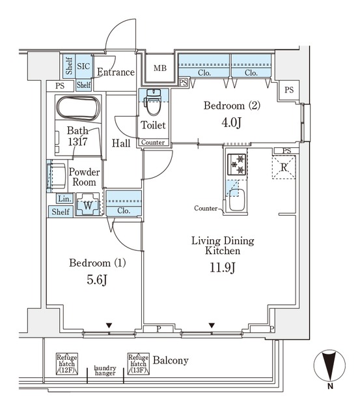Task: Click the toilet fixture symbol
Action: click(153, 102)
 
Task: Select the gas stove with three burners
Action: click(236, 165)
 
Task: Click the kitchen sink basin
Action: click(237, 200)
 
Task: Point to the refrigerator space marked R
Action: click(284, 167)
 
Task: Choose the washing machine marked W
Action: click(88, 204)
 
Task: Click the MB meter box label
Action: click(160, 68)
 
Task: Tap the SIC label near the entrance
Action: click(83, 66)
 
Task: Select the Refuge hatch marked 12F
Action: click(66, 364)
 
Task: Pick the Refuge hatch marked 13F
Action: click(138, 364)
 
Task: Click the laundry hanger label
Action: click(105, 371)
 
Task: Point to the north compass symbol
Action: click(329, 365)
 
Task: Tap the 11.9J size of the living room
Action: click(223, 267)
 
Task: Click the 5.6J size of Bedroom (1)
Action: click(97, 280)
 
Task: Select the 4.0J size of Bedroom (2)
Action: click(231, 122)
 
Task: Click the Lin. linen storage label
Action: click(64, 199)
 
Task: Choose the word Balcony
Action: click(171, 360)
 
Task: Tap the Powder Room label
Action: click(84, 177)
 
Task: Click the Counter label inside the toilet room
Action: click(153, 142)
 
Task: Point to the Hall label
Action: click(121, 143)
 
